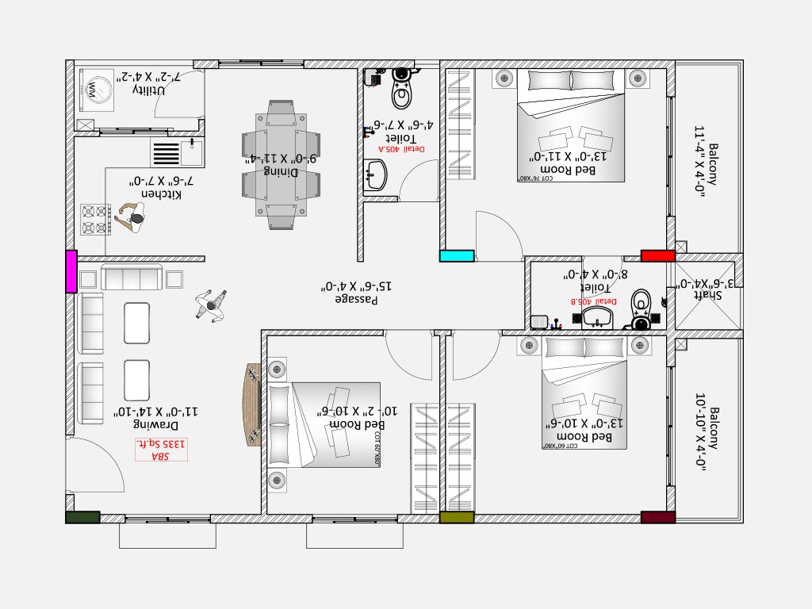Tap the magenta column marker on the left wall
[71, 270]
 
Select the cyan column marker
[457, 255]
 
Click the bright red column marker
[657, 255]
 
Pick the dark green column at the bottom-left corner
[82, 517]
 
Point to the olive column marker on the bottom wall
[457, 517]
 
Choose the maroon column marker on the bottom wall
[657, 517]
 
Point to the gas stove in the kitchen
[95, 220]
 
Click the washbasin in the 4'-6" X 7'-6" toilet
[376, 174]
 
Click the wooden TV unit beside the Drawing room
[253, 404]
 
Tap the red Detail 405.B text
[599, 301]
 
